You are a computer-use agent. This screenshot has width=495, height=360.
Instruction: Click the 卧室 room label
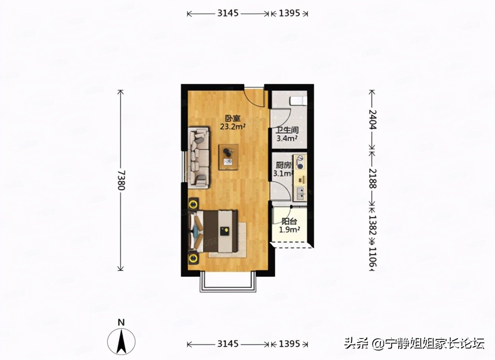232,119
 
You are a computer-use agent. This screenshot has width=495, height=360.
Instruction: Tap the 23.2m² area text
232,127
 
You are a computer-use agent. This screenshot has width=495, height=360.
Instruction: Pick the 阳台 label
288,221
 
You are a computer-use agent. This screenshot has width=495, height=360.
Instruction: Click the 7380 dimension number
121,180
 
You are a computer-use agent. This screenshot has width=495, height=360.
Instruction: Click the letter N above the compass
121,322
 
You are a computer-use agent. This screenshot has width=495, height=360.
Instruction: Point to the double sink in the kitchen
300,193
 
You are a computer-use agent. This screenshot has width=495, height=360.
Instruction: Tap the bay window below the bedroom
228,283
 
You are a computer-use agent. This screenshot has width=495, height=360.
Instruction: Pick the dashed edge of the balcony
292,246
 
